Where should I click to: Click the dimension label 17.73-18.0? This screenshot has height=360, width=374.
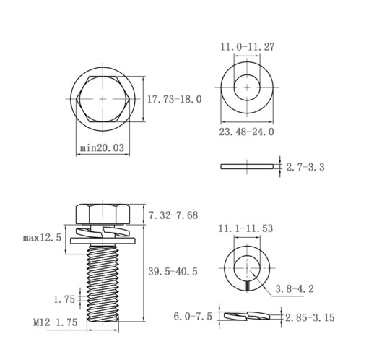[174, 99]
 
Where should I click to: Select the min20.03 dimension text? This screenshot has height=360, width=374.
[102, 147]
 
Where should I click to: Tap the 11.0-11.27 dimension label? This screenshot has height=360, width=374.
[248, 47]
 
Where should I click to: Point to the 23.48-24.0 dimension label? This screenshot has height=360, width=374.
[246, 132]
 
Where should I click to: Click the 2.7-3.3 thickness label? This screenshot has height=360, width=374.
[305, 167]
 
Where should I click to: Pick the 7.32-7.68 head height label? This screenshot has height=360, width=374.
[173, 215]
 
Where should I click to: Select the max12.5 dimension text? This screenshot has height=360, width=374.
[43, 238]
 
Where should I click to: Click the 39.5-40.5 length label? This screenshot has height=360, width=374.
[173, 272]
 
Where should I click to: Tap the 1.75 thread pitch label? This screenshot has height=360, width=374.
[64, 299]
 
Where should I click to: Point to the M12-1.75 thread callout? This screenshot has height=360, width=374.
[56, 322]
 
